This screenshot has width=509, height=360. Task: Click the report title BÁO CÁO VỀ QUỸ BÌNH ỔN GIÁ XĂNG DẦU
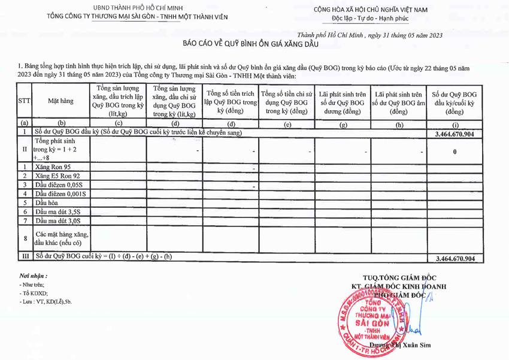(x=250, y=44)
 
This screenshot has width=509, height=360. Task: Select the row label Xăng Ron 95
(x=53, y=167)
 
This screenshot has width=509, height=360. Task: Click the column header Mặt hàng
(x=60, y=101)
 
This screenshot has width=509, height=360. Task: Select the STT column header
(x=25, y=101)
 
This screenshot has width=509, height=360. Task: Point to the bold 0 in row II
(x=455, y=152)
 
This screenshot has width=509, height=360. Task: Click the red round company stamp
(x=369, y=317)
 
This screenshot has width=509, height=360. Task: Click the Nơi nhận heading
(x=33, y=276)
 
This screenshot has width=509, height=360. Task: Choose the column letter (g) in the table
(x=343, y=124)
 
